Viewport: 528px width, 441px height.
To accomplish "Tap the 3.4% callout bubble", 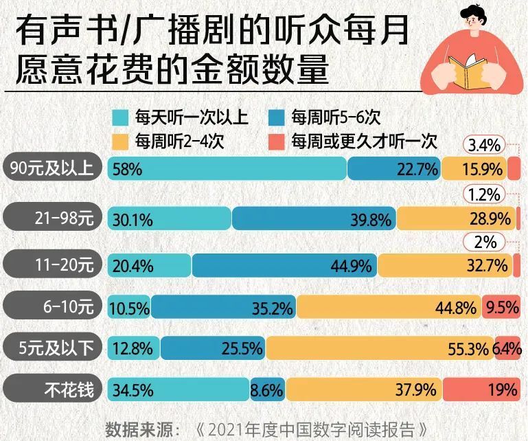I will coord(485,146).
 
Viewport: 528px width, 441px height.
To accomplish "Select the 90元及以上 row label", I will coord(53,168).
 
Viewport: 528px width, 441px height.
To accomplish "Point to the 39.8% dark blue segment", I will coord(314,219).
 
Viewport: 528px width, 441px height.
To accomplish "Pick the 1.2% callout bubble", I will coord(485,194).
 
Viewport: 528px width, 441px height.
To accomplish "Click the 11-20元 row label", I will coord(53,264).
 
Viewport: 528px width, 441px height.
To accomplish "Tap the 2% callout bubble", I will coord(485,242).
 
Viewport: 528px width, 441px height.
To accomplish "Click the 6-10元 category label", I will coord(53,306).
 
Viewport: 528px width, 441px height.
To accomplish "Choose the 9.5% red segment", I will coord(501,307).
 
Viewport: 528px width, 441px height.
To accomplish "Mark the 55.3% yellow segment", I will coord(379,349).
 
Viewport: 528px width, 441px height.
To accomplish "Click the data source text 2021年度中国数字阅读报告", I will coord(313,429).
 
